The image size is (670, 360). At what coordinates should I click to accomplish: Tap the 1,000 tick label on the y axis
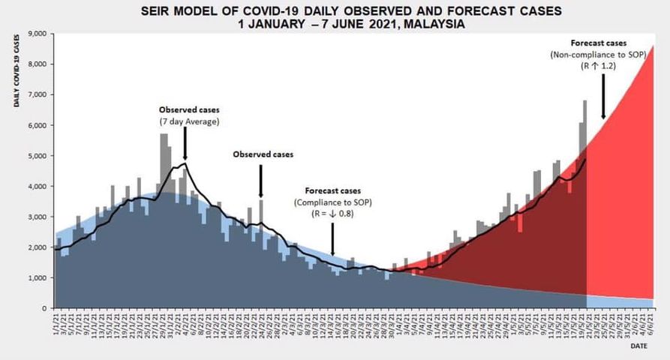[37, 278]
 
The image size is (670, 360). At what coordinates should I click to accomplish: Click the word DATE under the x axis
[638, 346]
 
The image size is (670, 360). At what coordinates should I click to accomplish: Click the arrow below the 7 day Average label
[185, 142]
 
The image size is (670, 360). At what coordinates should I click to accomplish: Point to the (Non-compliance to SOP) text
[598, 55]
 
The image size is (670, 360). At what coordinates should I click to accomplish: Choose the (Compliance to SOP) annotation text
[332, 203]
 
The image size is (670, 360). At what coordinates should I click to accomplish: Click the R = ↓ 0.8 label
[332, 214]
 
